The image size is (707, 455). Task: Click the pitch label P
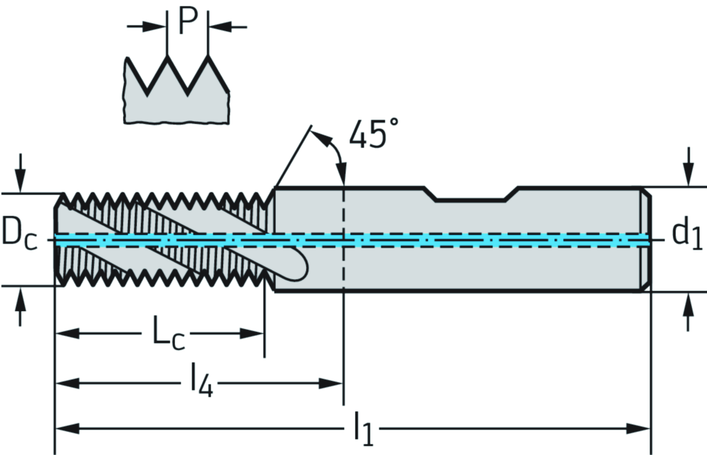pyautogui.click(x=187, y=21)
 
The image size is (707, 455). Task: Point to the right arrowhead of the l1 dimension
pyautogui.click(x=639, y=429)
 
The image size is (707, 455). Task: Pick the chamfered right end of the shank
pyautogui.click(x=645, y=239)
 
